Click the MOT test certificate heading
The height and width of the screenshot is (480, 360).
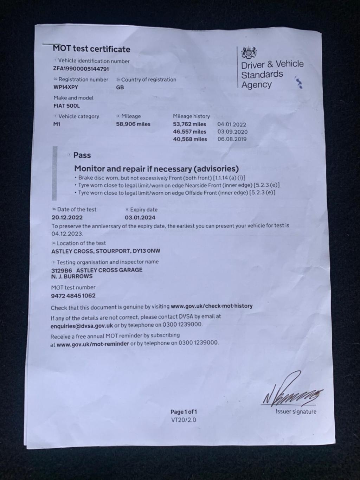(91, 49)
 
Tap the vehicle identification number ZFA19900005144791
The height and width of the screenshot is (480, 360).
(81, 69)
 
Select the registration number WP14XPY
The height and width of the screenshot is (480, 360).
(66, 87)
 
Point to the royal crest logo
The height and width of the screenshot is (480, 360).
(249, 53)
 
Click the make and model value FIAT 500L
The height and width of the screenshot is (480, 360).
(67, 106)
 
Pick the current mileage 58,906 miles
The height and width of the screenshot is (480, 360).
(133, 124)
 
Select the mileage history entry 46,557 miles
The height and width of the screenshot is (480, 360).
(190, 132)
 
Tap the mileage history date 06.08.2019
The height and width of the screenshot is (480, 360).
(232, 139)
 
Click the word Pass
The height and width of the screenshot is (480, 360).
(82, 155)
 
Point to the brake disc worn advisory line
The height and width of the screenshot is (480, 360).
(160, 178)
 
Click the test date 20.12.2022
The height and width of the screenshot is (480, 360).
(67, 218)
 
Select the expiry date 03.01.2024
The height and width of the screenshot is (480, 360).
(140, 218)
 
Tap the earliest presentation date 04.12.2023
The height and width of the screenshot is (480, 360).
(67, 234)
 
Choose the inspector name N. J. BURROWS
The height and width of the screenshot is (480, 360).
(72, 276)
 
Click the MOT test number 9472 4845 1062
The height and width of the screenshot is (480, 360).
(73, 296)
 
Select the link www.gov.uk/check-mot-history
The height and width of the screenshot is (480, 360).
(212, 306)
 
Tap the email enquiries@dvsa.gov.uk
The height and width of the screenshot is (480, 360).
(82, 326)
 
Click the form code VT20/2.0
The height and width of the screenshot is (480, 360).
(184, 420)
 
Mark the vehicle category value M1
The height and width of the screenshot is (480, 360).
(57, 124)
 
